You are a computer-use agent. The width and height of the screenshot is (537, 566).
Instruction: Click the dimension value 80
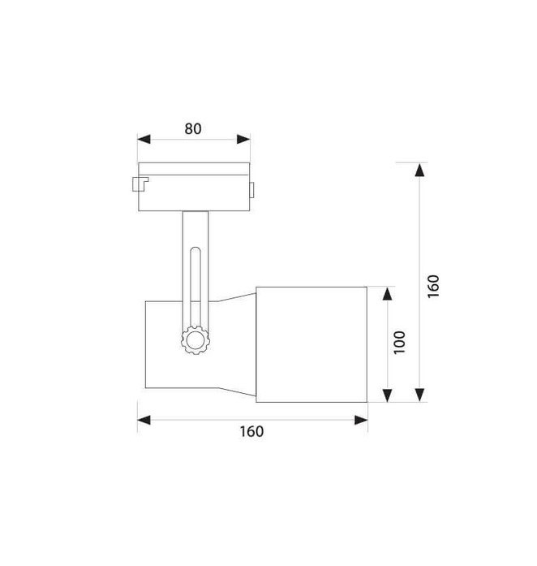tap(193, 129)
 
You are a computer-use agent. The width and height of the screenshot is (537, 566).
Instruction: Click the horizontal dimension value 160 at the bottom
tap(251, 431)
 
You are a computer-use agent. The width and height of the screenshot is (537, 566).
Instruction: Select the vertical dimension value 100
tap(399, 342)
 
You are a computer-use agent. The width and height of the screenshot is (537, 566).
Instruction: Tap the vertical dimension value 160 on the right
tap(433, 287)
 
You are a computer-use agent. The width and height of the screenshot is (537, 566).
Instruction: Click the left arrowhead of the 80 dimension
tap(144, 139)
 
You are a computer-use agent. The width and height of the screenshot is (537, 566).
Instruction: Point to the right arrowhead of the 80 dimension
tap(243, 139)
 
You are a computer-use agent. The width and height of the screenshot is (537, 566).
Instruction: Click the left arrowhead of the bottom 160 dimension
tap(144, 420)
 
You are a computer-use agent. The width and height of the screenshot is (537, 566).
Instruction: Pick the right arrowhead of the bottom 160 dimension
tap(361, 420)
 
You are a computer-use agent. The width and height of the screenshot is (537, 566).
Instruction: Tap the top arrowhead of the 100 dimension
tap(387, 293)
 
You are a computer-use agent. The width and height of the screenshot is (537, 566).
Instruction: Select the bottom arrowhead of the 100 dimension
tap(387, 395)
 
